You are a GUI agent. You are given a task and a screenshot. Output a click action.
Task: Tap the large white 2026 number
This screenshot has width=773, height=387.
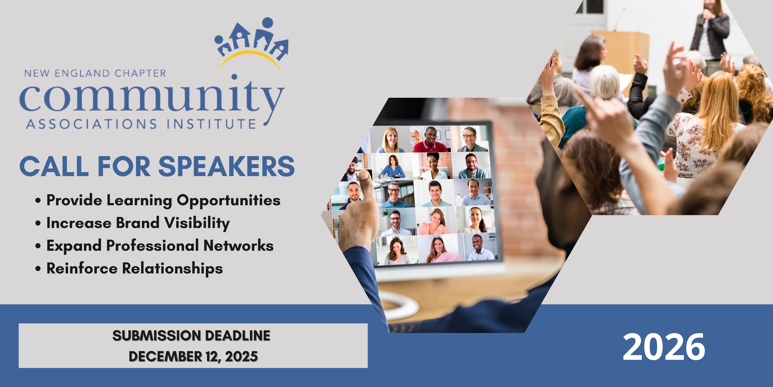point(664,347)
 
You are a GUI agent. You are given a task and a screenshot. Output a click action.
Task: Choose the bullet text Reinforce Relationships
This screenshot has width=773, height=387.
point(134,268)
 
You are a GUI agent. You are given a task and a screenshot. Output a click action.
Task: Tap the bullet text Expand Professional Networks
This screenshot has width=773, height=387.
point(160,246)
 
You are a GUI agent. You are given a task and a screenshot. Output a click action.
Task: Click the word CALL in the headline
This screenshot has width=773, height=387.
point(54,166)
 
